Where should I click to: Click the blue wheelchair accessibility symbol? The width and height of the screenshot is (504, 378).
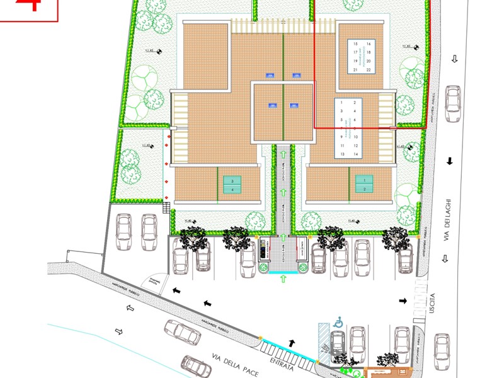[x=338, y=322]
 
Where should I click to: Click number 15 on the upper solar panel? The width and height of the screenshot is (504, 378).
[x=356, y=43]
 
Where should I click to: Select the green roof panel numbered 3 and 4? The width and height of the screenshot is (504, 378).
[x=232, y=185]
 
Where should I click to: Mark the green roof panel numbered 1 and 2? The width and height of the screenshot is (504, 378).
[x=364, y=185]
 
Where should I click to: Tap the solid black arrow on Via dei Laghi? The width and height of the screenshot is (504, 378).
[x=450, y=161]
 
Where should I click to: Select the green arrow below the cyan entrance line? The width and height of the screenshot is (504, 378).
[x=283, y=277]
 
